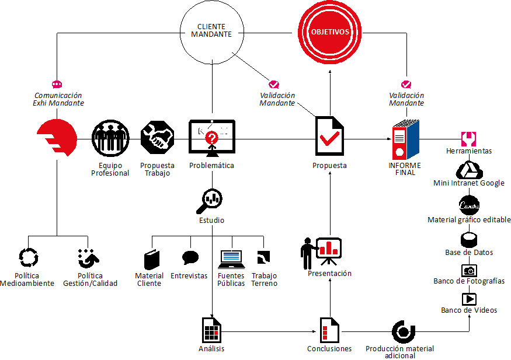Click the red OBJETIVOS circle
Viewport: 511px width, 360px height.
pyautogui.click(x=330, y=32)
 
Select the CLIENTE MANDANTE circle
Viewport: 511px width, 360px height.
pyautogui.click(x=211, y=31)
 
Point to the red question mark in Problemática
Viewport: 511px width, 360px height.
pyautogui.click(x=211, y=138)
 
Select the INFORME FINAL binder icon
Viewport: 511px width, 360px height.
pyautogui.click(x=405, y=139)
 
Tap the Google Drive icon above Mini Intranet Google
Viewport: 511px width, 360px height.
pyautogui.click(x=468, y=170)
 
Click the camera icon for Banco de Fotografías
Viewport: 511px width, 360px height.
pyautogui.click(x=469, y=271)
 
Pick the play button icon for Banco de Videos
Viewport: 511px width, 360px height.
pyautogui.click(x=469, y=299)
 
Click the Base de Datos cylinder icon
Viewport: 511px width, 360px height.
pyautogui.click(x=469, y=240)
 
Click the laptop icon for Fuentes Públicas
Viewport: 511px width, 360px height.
pyautogui.click(x=231, y=257)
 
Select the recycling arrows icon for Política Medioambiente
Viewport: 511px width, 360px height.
pyautogui.click(x=28, y=257)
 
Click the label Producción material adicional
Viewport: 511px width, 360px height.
pyautogui.click(x=399, y=352)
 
